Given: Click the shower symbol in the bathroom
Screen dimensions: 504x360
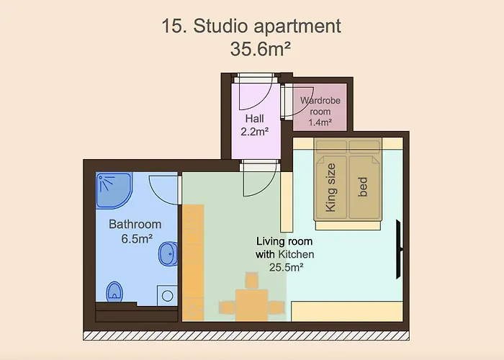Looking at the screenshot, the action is pyautogui.click(x=114, y=191).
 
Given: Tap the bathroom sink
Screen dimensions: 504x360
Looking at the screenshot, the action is pyautogui.click(x=168, y=253).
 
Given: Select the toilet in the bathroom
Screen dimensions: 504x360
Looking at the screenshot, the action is pyautogui.click(x=114, y=292).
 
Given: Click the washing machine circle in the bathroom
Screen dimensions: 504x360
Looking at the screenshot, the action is pyautogui.click(x=167, y=295).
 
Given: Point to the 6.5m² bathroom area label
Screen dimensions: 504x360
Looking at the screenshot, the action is pyautogui.click(x=137, y=239).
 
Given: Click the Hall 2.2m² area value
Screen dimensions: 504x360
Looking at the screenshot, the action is pyautogui.click(x=255, y=131).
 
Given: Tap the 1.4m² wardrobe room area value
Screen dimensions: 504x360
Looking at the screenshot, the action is pyautogui.click(x=320, y=122).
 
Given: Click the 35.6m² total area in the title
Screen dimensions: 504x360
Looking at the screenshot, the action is pyautogui.click(x=261, y=49).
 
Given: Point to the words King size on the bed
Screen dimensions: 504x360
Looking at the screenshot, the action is pyautogui.click(x=330, y=187).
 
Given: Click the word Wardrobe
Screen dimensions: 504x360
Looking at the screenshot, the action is pyautogui.click(x=320, y=101).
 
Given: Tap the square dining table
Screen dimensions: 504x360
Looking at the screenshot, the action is pyautogui.click(x=252, y=305).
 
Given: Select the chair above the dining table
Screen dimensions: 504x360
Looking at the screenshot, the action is pyautogui.click(x=252, y=280).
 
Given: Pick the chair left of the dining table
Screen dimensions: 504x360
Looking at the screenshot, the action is pyautogui.click(x=227, y=307).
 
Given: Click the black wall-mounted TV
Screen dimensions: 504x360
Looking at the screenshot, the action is pyautogui.click(x=399, y=249).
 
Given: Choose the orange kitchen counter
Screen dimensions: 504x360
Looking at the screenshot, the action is pyautogui.click(x=193, y=263).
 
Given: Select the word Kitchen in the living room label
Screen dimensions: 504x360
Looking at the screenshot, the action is pyautogui.click(x=296, y=254).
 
